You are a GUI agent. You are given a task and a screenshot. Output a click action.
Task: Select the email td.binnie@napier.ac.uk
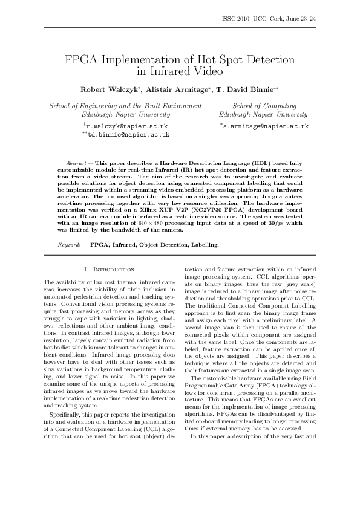pyautogui.click(x=128, y=136)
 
